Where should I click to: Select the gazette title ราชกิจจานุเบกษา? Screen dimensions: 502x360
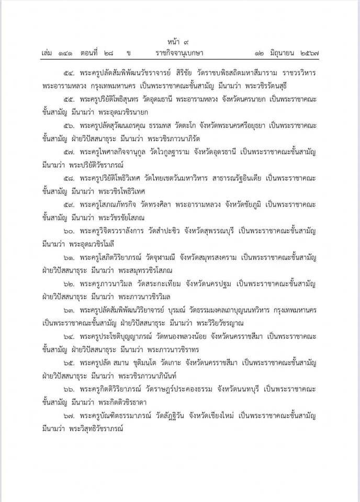point(179,53)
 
